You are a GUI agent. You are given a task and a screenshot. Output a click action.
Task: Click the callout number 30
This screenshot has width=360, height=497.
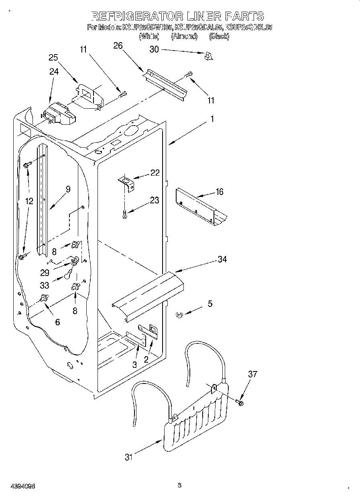click(154, 49)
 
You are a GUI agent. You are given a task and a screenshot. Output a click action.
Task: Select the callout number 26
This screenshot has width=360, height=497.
click(118, 46)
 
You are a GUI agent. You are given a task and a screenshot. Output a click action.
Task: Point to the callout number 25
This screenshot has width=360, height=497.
click(53, 57)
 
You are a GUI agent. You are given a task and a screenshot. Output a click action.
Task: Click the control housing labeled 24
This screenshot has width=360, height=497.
click(59, 114)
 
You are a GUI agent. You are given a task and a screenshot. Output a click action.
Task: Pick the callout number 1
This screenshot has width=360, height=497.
click(212, 119)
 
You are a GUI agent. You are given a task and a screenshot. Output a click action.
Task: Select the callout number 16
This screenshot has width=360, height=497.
click(219, 192)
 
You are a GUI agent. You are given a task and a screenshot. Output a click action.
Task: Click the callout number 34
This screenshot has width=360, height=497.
click(222, 259)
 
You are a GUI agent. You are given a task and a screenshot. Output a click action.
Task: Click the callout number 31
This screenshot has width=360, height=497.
click(128, 456)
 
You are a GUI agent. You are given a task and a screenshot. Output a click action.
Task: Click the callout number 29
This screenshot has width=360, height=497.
click(45, 272)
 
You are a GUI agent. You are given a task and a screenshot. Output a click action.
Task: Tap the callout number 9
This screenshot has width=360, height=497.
click(68, 189)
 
